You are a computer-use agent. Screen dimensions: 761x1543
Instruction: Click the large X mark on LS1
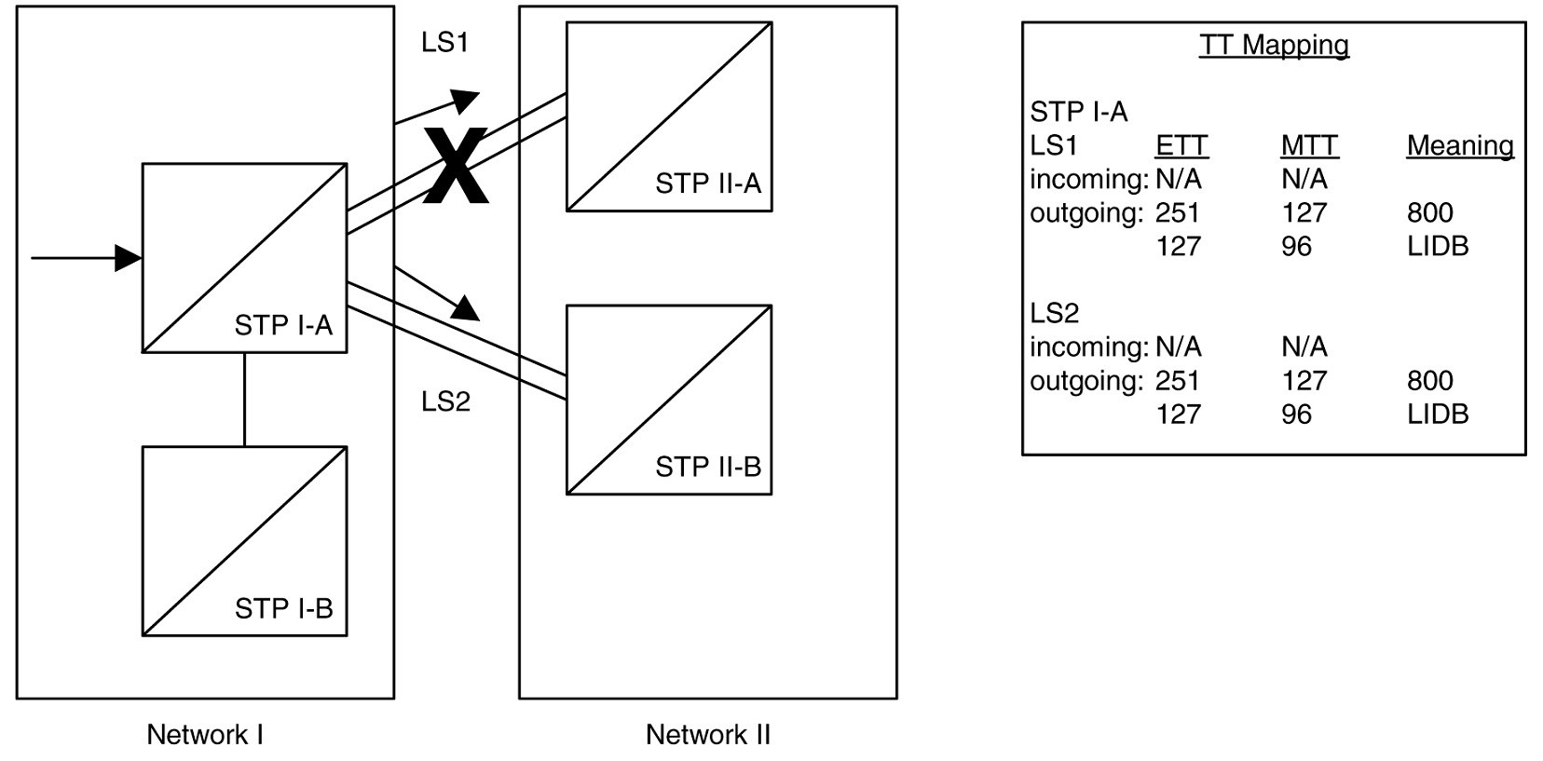coord(456,167)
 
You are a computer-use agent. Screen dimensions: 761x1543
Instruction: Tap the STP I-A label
coord(283,325)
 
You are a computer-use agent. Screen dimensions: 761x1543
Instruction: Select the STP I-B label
coord(283,608)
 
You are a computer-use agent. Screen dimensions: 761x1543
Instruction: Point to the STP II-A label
coord(708,183)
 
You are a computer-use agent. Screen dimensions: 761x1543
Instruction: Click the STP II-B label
coord(708,467)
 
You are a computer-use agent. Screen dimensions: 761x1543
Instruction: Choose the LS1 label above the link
coord(444,43)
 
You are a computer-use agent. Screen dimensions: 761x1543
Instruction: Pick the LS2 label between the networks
coord(445,401)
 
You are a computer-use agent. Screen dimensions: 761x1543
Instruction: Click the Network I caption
coord(205,735)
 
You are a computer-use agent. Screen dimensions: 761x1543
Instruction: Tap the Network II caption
coord(708,735)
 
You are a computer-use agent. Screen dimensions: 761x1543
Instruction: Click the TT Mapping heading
coord(1274,45)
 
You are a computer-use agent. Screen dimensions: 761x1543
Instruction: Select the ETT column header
coord(1181,145)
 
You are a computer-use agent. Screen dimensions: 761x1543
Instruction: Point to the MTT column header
coord(1308,145)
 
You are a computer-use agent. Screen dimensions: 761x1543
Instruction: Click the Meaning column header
coord(1459,145)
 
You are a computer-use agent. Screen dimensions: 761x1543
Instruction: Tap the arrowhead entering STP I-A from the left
coord(129,258)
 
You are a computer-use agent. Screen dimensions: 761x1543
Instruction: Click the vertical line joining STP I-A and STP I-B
coord(244,400)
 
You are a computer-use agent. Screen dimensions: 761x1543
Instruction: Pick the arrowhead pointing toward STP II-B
coord(467,307)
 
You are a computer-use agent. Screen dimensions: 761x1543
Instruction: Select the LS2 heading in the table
coord(1054,313)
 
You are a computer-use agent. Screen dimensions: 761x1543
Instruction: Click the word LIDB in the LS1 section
coord(1437,246)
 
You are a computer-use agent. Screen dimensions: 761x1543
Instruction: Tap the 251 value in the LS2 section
coord(1177,380)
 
